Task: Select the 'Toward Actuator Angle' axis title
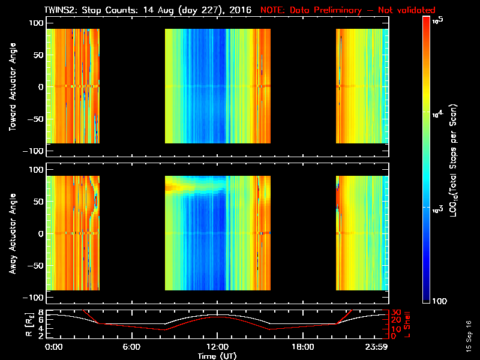tap(11, 88)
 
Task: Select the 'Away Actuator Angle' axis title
tap(11, 235)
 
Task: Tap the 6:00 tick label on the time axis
tap(131, 347)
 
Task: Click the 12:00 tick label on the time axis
tap(217, 347)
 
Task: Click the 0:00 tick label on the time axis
tap(54, 347)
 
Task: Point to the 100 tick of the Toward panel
tap(36, 22)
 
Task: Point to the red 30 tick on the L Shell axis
tap(395, 313)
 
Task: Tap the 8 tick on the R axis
tap(41, 313)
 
